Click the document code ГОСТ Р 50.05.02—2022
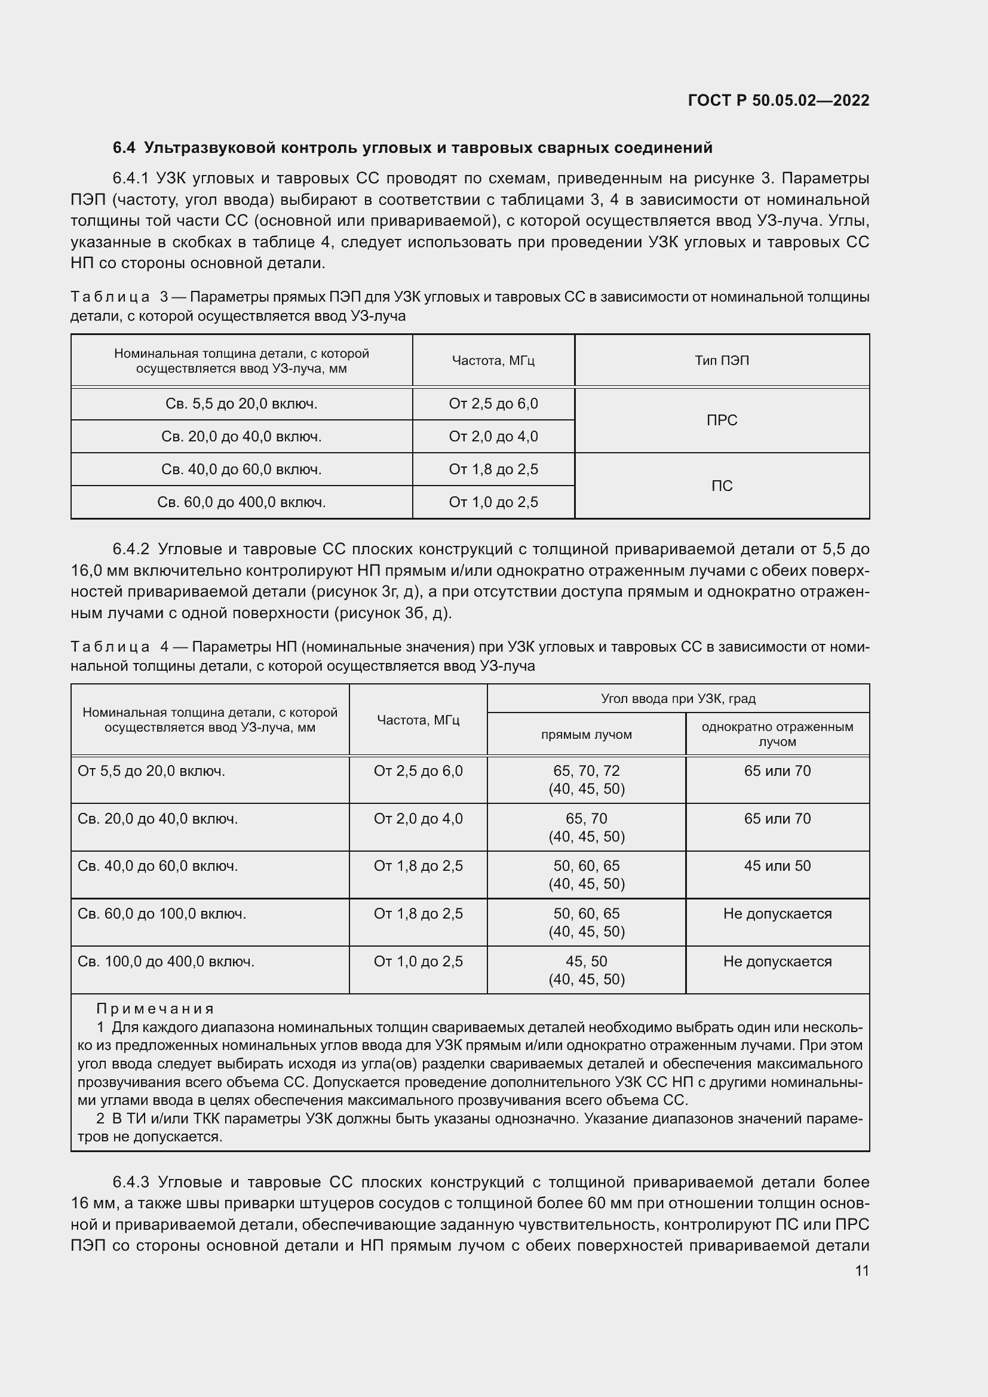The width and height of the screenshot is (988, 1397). tap(778, 100)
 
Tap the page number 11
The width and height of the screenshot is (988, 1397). tap(861, 1270)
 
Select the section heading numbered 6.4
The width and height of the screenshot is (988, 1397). tap(412, 148)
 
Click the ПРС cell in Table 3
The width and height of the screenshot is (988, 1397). tap(722, 420)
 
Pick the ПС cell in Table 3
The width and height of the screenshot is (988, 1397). tap(722, 486)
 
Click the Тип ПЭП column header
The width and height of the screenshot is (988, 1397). tap(722, 360)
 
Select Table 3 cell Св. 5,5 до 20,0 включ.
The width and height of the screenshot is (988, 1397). tap(241, 404)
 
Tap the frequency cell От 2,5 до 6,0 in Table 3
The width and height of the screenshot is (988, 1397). tap(493, 404)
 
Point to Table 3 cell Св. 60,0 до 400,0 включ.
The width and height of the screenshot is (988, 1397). tap(241, 502)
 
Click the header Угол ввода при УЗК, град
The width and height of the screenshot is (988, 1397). tap(678, 699)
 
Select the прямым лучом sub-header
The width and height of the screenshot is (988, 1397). tap(586, 735)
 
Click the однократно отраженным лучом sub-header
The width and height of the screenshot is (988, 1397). tap(777, 734)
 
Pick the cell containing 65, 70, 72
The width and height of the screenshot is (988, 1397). tap(586, 771)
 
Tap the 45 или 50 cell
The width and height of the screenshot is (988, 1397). tap(777, 866)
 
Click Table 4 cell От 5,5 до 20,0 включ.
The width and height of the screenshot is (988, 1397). tap(152, 771)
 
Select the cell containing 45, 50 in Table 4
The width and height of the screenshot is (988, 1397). tap(586, 962)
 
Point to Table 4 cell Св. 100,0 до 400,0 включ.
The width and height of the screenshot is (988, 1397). tap(166, 962)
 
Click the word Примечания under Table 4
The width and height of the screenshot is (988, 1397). tap(155, 1009)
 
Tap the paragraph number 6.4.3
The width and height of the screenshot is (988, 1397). tap(131, 1182)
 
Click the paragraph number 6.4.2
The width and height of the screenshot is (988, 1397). tap(131, 549)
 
